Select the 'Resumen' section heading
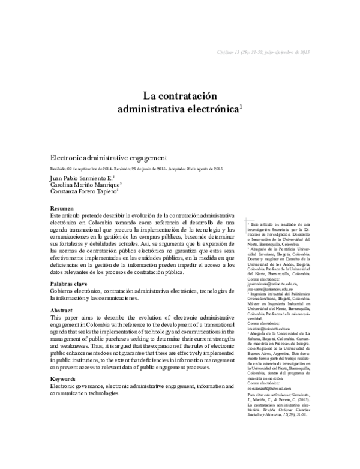pyautogui.click(x=62, y=206)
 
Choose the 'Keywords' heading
pyautogui.click(x=63, y=380)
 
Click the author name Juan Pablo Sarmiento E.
pyautogui.click(x=81, y=178)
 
